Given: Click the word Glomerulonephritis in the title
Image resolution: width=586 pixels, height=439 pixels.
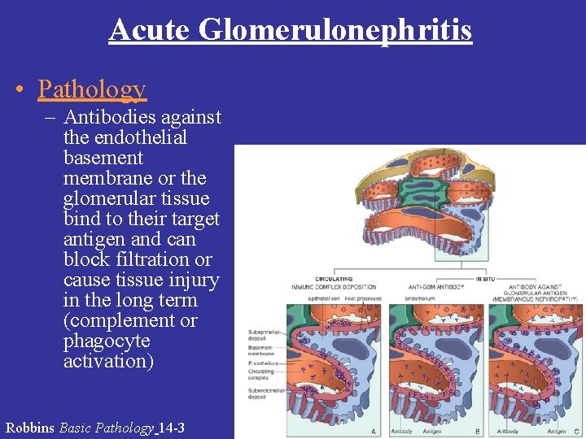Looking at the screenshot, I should pyautogui.click(x=335, y=30).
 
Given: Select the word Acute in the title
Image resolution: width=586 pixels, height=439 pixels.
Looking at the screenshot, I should pyautogui.click(x=149, y=30).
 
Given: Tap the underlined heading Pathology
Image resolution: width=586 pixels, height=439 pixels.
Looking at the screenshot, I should pyautogui.click(x=92, y=89).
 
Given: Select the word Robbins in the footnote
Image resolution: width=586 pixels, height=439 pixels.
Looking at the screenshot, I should pyautogui.click(x=30, y=428).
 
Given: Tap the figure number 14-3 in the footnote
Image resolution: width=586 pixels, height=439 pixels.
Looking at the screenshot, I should pyautogui.click(x=173, y=428).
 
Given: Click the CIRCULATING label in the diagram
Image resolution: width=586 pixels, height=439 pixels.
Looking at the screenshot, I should pyautogui.click(x=334, y=279).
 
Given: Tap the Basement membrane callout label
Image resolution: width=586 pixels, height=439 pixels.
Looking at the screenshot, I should pyautogui.click(x=263, y=350).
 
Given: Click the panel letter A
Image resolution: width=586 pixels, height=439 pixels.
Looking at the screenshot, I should pyautogui.click(x=373, y=432).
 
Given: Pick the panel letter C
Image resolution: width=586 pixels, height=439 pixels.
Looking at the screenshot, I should pyautogui.click(x=577, y=432).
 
